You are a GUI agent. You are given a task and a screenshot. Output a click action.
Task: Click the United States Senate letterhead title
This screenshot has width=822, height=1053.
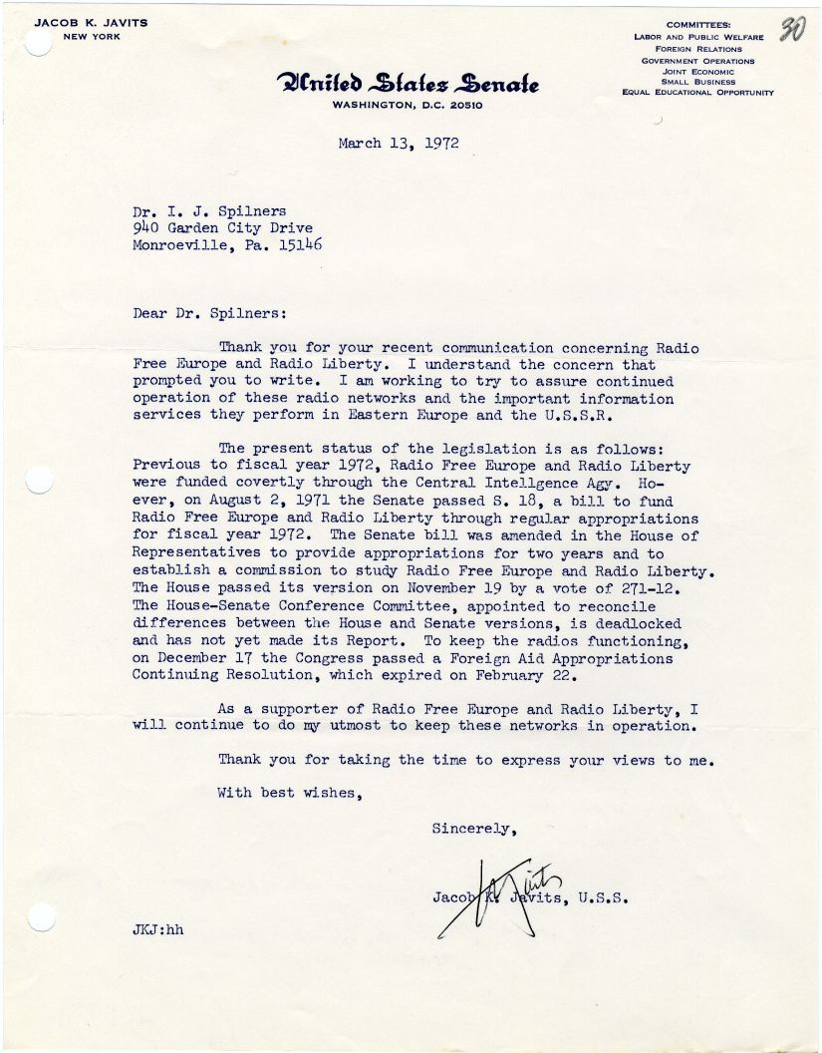(410, 83)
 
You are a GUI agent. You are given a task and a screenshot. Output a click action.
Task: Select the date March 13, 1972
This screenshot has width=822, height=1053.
(398, 143)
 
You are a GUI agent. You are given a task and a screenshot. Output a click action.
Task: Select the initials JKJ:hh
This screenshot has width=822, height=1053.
(158, 931)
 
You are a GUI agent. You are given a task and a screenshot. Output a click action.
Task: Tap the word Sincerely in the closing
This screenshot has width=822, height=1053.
(474, 828)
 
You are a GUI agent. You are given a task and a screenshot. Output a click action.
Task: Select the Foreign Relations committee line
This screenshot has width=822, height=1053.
(697, 49)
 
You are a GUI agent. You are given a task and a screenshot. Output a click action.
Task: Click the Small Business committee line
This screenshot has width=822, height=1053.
(697, 82)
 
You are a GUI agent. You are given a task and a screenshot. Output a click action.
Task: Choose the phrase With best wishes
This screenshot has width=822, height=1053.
(286, 794)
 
